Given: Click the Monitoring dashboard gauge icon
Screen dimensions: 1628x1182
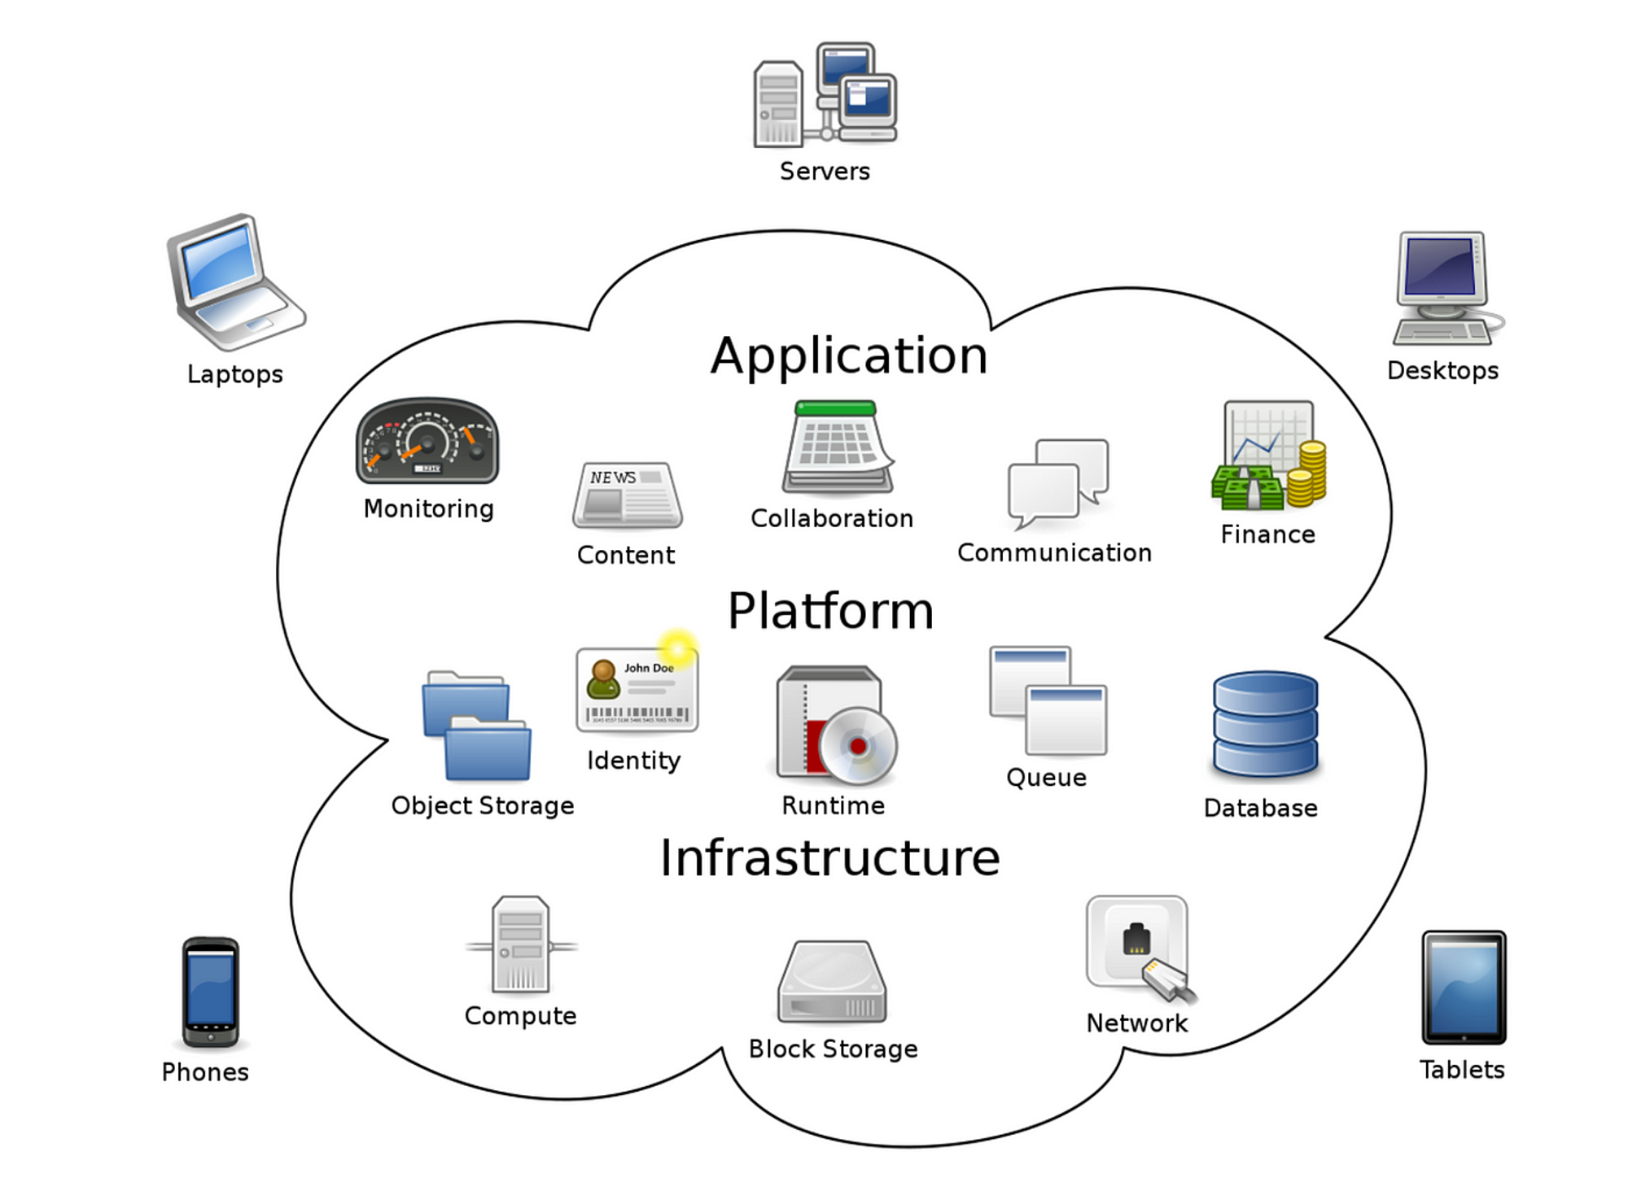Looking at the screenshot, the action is coord(427,441).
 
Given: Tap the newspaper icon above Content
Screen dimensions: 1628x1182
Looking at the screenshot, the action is coord(627,495).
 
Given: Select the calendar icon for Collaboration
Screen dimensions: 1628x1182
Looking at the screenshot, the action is coord(838,447).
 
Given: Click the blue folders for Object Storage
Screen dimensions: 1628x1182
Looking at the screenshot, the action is coord(476,726).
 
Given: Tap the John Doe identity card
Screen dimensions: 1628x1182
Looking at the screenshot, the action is coord(637,690).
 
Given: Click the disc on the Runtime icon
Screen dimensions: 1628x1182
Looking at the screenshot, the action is coord(857,745).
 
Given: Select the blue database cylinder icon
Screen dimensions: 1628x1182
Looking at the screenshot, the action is coord(1265,725).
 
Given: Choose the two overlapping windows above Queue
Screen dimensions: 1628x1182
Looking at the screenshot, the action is coord(1048,700).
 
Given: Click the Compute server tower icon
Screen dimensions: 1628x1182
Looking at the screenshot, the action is coord(521,944).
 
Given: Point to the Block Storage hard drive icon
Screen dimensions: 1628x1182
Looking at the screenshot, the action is coord(832,982).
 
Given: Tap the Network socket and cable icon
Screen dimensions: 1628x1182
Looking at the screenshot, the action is coord(1139,947).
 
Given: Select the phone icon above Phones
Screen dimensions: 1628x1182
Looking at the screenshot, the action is coord(210,992).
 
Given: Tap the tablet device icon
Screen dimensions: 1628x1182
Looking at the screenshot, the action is coord(1464,987).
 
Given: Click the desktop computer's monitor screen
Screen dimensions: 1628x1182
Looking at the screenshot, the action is coord(1441,266).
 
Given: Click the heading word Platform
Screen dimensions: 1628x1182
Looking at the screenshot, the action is coord(830,611).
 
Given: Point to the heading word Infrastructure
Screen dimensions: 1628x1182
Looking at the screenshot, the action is coord(829,857).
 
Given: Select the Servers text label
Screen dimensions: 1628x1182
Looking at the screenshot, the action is coord(825,172).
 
